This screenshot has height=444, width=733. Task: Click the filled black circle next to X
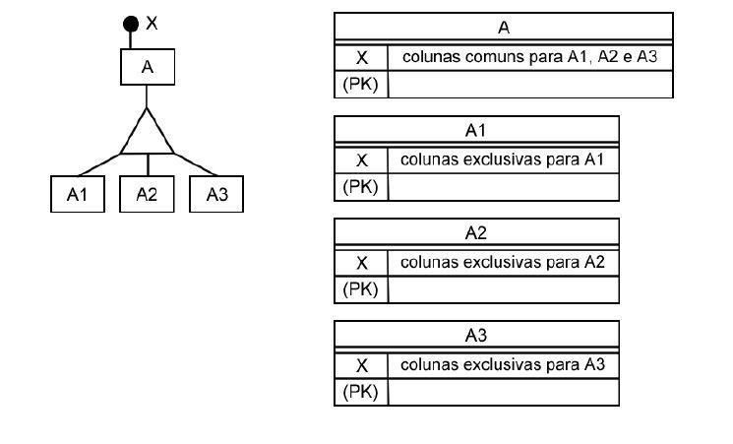click(x=131, y=24)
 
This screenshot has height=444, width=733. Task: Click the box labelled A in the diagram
click(x=148, y=67)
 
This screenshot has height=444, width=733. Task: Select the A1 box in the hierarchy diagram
click(x=78, y=194)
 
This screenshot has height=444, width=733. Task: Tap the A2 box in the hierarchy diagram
click(x=147, y=194)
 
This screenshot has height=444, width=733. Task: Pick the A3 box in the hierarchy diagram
click(x=216, y=194)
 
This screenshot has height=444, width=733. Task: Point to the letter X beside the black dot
click(x=152, y=23)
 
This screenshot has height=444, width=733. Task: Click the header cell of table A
click(x=504, y=27)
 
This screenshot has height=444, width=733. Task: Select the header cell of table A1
click(x=476, y=130)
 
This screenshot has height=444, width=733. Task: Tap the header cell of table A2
click(x=476, y=232)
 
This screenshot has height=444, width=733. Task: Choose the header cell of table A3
click(x=476, y=335)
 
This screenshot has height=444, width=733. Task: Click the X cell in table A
click(x=361, y=57)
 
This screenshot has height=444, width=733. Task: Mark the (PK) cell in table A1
click(x=361, y=187)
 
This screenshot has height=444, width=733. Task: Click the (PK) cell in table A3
click(x=361, y=392)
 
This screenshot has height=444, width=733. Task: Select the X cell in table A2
click(x=361, y=263)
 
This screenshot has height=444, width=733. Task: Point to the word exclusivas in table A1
click(x=502, y=159)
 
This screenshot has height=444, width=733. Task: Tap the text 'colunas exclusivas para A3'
click(x=503, y=364)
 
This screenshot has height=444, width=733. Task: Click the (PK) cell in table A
click(x=361, y=85)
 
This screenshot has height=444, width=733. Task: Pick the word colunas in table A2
click(x=429, y=262)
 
